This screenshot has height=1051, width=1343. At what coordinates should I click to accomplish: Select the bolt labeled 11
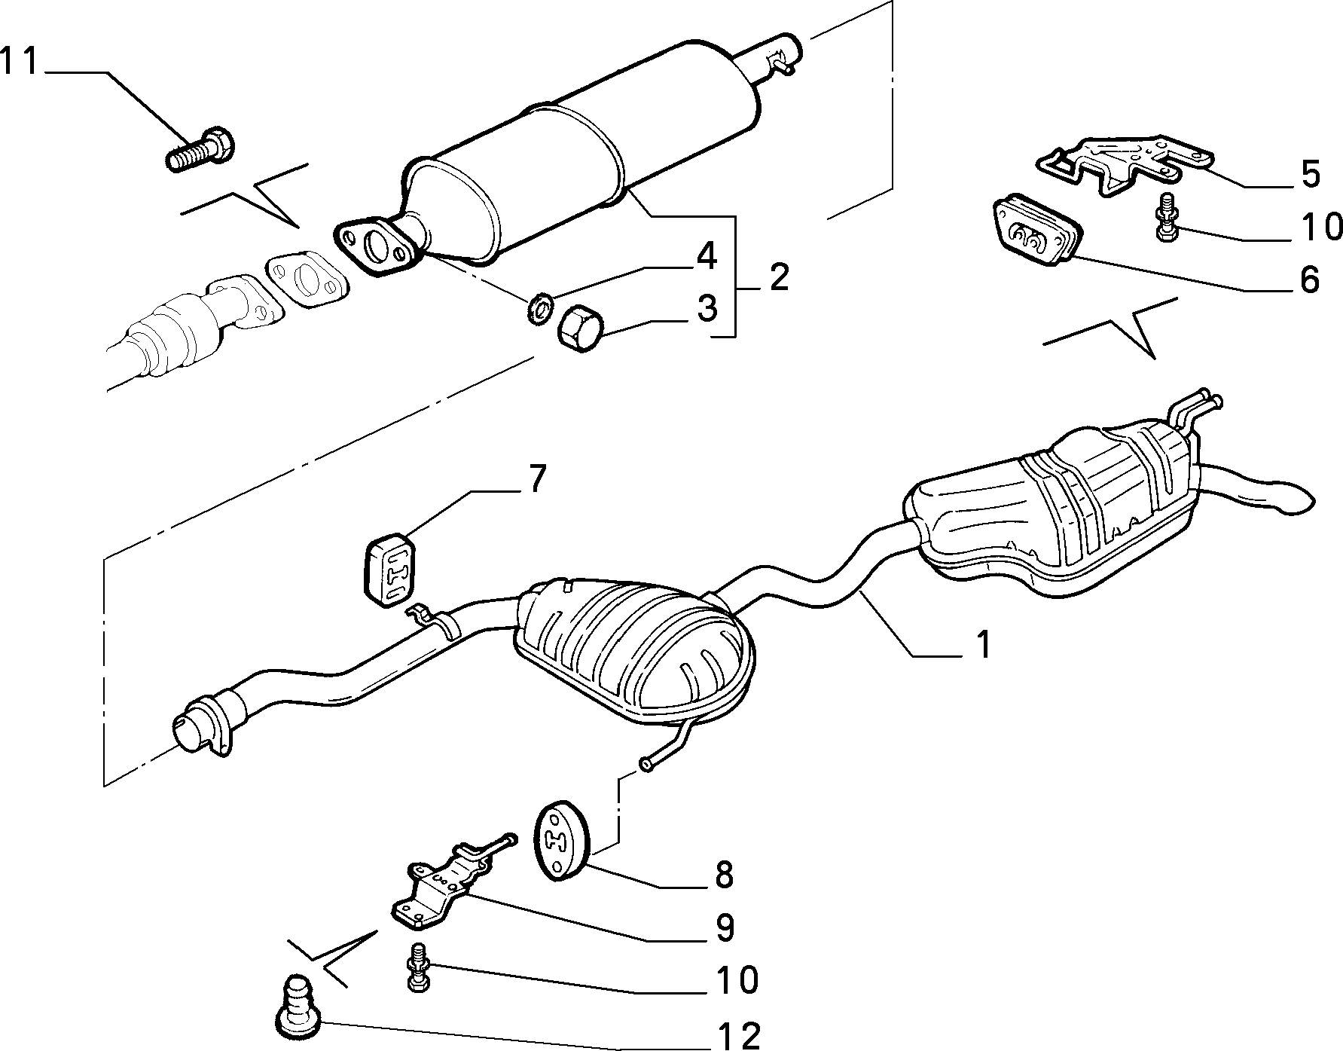[x=200, y=150]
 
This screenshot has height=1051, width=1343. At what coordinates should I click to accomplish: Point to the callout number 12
[x=740, y=1035]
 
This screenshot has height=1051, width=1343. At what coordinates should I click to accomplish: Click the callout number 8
[x=723, y=874]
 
